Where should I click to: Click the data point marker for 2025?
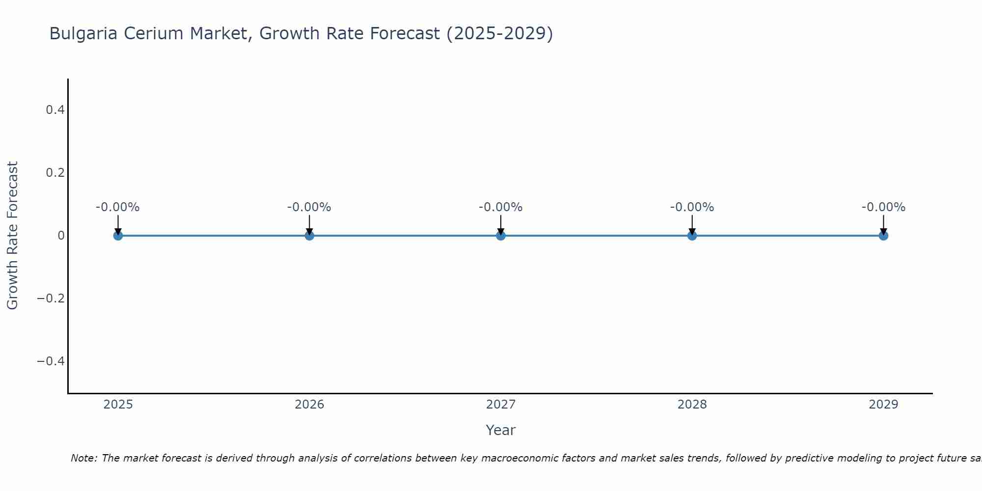click(118, 236)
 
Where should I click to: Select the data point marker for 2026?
click(309, 236)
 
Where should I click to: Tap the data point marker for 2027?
click(501, 236)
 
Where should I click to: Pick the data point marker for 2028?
click(692, 236)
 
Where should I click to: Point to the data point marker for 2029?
click(883, 236)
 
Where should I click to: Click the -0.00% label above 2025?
click(118, 207)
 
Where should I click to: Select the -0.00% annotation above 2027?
click(501, 207)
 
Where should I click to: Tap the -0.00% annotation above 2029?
click(883, 207)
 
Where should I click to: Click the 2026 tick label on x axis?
click(309, 405)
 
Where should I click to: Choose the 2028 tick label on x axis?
click(692, 405)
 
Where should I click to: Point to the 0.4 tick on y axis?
click(55, 110)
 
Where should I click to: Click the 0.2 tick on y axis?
click(55, 173)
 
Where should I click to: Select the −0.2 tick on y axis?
click(51, 299)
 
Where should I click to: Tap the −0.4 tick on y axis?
click(51, 361)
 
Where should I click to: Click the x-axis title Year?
click(500, 430)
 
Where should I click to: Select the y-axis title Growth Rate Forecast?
click(13, 236)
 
